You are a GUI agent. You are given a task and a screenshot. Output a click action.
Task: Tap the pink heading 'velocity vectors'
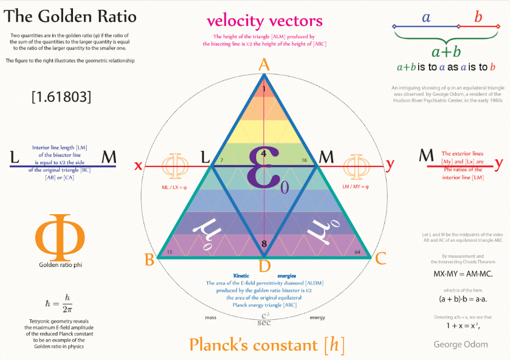(265, 21)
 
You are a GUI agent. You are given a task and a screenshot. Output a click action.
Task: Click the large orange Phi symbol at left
(60, 237)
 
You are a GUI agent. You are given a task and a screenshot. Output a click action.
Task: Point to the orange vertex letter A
(264, 64)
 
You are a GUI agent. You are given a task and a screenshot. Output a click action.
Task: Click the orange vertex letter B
(149, 260)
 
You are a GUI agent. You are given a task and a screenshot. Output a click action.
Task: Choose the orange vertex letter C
(380, 259)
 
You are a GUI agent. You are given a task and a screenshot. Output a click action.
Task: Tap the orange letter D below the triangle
(264, 266)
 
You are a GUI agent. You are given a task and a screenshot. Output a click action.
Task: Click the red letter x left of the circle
(138, 165)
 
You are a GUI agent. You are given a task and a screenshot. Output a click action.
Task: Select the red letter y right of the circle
(391, 165)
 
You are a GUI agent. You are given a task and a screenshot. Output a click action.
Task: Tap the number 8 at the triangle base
(264, 244)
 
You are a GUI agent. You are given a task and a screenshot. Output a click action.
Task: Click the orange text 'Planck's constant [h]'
(267, 344)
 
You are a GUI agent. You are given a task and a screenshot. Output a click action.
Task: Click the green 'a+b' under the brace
(446, 52)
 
